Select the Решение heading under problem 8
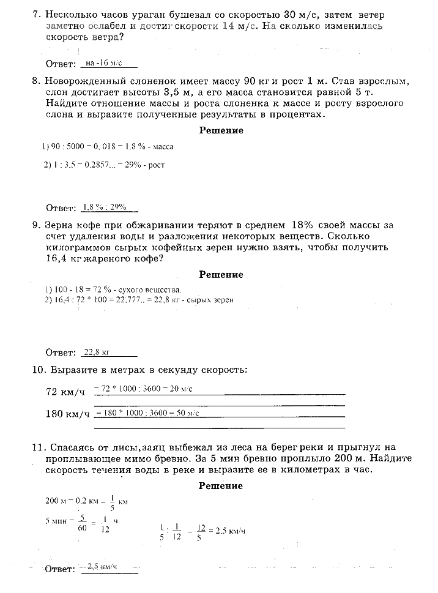(x=221, y=130)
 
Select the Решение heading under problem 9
(x=221, y=275)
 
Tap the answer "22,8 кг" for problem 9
(x=97, y=352)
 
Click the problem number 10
(x=38, y=370)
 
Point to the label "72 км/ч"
(x=67, y=392)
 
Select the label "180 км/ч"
(x=68, y=414)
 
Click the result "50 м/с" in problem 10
(x=189, y=413)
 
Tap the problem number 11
(x=38, y=447)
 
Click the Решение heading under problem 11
(x=221, y=486)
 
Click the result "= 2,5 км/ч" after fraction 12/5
(x=228, y=531)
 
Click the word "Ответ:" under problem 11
(x=61, y=569)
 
